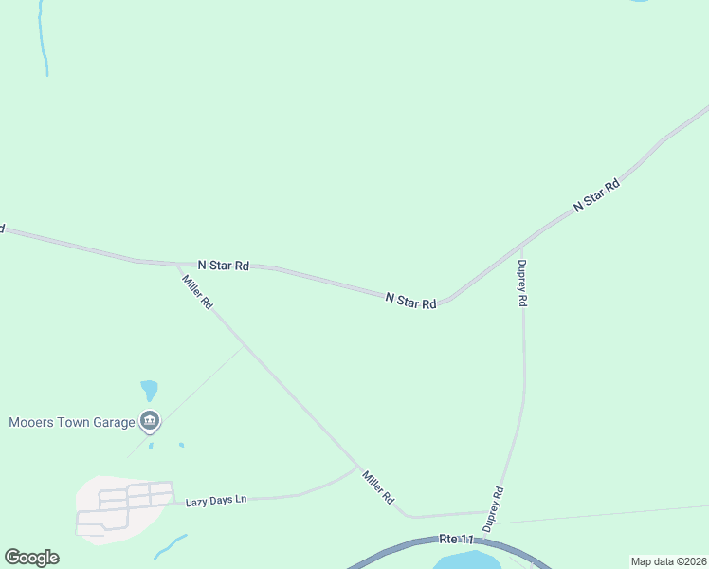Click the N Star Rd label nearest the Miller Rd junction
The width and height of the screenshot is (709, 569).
(223, 266)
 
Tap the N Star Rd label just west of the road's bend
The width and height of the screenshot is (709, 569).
(410, 301)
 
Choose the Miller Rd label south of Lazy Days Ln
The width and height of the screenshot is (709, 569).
(377, 486)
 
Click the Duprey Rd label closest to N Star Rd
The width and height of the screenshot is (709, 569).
(521, 283)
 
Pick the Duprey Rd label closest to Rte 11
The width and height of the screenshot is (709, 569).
(492, 508)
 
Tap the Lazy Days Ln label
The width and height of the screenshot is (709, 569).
(215, 500)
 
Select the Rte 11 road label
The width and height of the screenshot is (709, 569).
(456, 539)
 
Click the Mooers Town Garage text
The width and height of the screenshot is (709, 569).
(72, 422)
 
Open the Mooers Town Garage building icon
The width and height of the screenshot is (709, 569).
(149, 420)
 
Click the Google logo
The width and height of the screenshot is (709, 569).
(31, 558)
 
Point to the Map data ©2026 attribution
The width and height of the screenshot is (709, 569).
(667, 561)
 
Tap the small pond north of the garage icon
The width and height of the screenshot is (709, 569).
(149, 390)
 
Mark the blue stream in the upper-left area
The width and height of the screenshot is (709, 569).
(42, 38)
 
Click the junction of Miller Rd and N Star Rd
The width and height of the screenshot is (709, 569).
(177, 265)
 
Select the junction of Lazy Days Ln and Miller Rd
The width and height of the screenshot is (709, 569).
(357, 467)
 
